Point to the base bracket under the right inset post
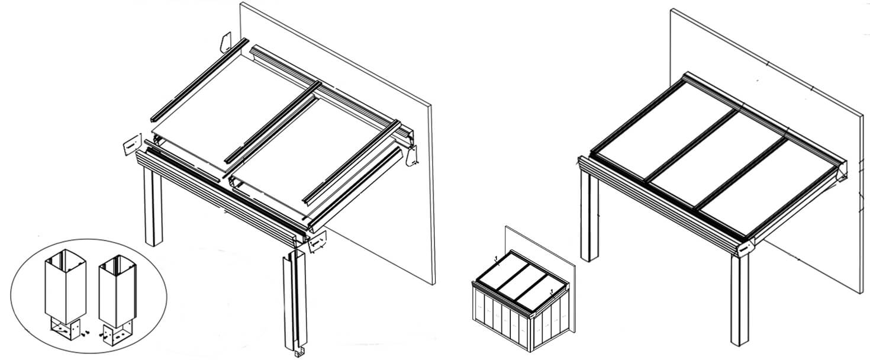(117, 334)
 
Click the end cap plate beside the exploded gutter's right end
(318, 242)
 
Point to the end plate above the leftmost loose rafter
(226, 41)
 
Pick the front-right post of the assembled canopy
(739, 302)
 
